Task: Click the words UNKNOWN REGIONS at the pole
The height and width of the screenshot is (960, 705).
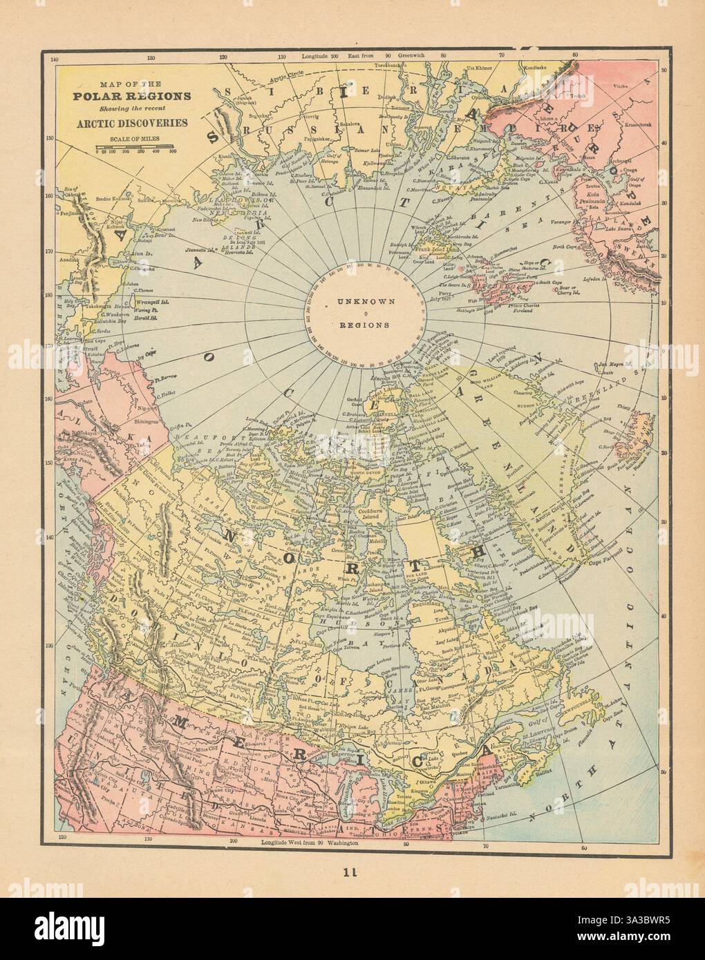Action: click(366, 312)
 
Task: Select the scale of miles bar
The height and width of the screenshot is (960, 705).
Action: click(134, 145)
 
